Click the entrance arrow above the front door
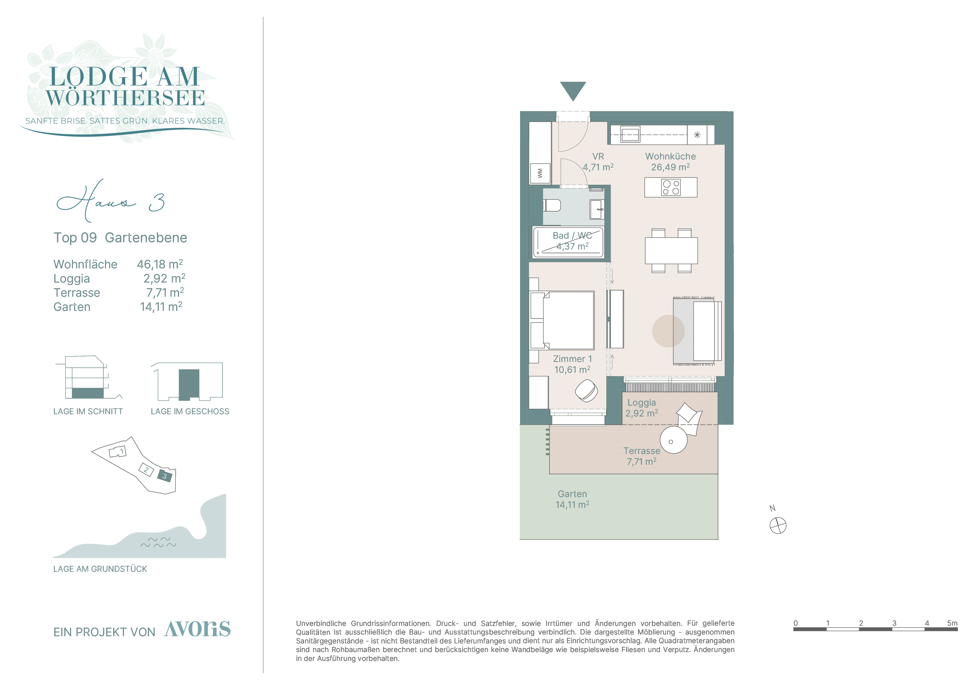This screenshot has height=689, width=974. click(x=573, y=90)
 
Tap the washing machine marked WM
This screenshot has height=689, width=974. click(x=540, y=173)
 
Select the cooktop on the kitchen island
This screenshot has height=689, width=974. click(x=671, y=187)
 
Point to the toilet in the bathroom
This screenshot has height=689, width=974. click(x=552, y=206)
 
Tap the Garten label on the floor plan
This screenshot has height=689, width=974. click(x=572, y=494)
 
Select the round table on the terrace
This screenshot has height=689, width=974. click(x=673, y=440)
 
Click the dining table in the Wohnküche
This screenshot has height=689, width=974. click(x=671, y=251)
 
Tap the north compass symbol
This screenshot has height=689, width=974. click(x=778, y=526)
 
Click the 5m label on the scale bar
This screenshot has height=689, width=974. click(x=952, y=623)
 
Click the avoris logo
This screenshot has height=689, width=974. click(x=198, y=629)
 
